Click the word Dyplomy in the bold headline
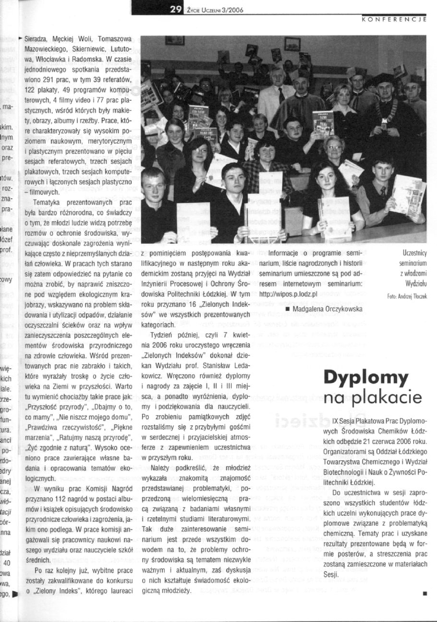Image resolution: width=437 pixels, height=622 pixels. click(x=373, y=378)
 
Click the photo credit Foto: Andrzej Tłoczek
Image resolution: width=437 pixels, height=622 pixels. click(x=407, y=296)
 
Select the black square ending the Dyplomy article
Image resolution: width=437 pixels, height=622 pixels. click(x=425, y=593)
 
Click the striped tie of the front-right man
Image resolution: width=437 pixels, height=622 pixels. click(x=383, y=192)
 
